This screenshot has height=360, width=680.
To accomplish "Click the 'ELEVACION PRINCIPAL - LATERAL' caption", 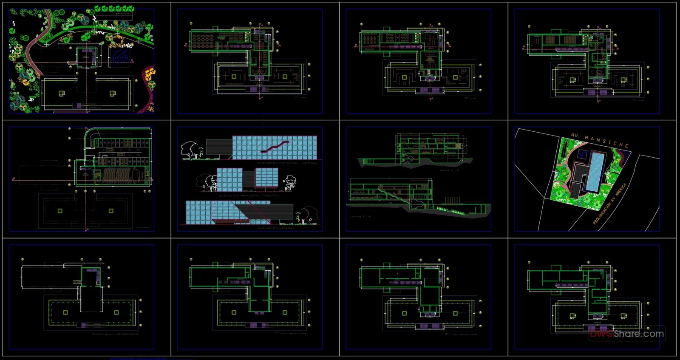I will click(x=287, y=163).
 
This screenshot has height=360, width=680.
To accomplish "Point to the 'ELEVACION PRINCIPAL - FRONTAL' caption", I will click(x=249, y=196).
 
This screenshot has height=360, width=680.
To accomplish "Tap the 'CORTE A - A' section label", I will click(x=449, y=170).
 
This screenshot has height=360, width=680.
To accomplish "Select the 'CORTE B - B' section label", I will click(x=361, y=216).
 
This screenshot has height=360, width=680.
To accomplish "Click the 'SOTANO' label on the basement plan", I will click(x=143, y=228).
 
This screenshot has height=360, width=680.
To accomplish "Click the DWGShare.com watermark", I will click(x=627, y=334).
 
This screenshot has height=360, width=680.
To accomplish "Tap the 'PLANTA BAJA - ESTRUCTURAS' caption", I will click(x=115, y=334).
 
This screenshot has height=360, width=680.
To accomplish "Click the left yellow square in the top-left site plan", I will click(x=61, y=93).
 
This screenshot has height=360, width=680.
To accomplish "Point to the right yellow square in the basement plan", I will click(x=111, y=211).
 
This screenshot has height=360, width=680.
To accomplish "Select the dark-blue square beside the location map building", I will click(x=583, y=154).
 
